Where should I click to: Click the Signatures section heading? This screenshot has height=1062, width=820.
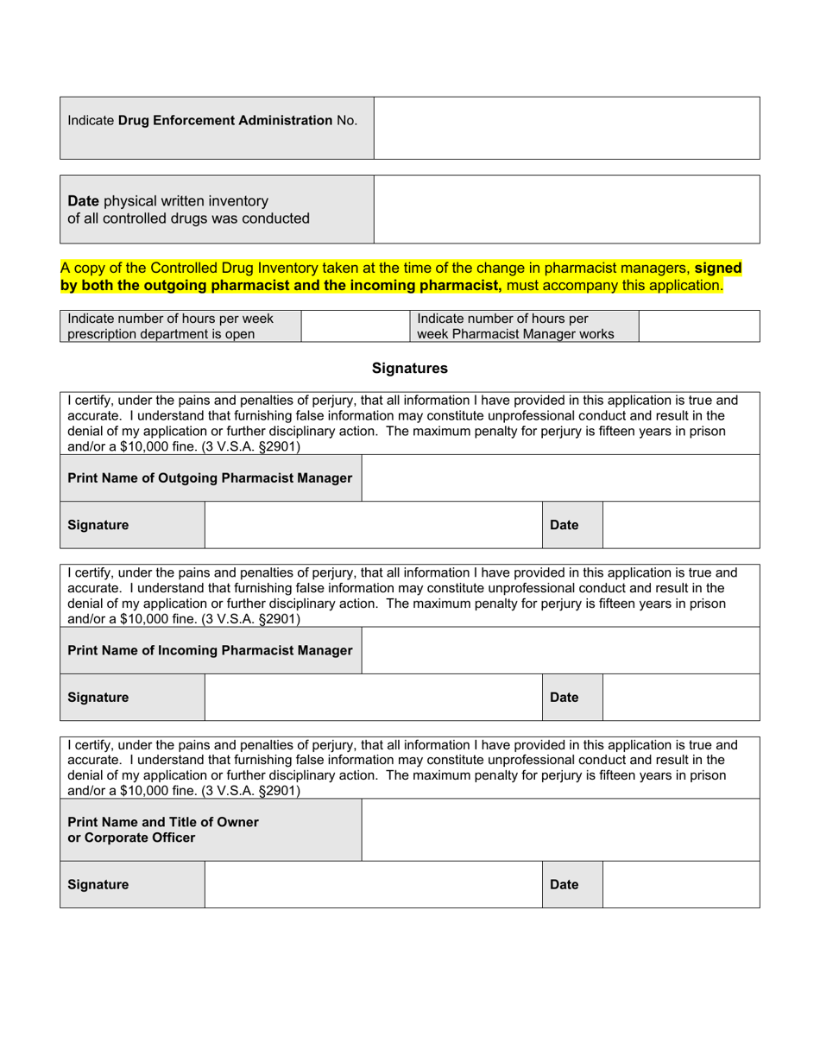click(410, 369)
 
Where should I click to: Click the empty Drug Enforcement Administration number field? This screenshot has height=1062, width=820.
click(566, 128)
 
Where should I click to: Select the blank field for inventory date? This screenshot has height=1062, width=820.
click(566, 209)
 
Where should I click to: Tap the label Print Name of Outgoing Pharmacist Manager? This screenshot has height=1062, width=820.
click(210, 478)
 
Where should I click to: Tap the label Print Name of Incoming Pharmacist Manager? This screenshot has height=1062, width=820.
click(210, 650)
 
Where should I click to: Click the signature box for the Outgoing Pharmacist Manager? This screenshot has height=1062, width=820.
click(373, 525)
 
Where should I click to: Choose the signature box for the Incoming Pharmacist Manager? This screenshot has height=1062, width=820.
click(373, 698)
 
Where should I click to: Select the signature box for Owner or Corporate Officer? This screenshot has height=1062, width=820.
click(373, 885)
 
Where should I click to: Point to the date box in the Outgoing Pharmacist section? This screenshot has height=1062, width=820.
click(680, 525)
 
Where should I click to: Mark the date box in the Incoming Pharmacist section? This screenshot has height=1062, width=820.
click(680, 698)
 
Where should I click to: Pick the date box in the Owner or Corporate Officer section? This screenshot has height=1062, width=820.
click(680, 885)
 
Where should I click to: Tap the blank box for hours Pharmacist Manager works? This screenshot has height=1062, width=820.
click(699, 326)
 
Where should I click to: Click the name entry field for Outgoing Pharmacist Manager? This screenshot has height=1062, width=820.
click(560, 478)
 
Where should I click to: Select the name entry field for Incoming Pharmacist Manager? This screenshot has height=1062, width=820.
click(560, 650)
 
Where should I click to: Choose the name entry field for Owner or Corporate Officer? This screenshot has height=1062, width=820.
click(560, 830)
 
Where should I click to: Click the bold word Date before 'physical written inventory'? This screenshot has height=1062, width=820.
click(84, 201)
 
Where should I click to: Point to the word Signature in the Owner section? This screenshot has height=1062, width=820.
click(98, 885)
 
